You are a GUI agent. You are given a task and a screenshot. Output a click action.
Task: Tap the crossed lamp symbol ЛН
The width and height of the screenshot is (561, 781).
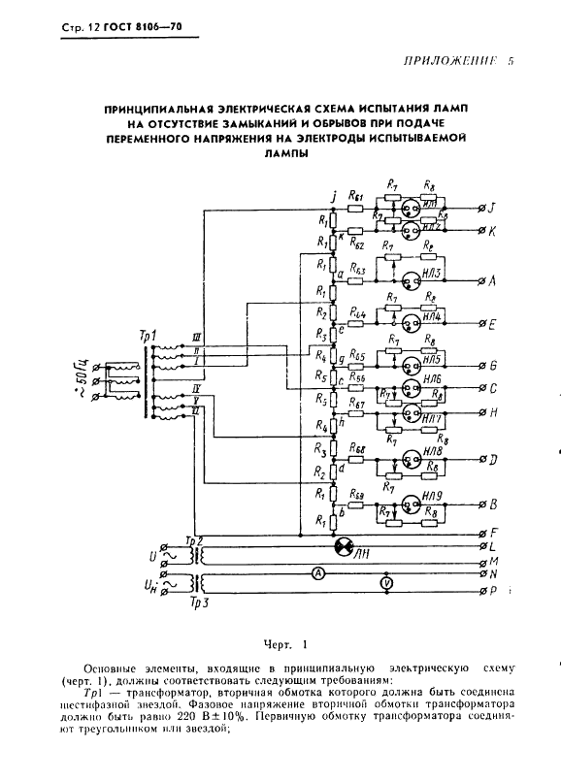(x=341, y=548)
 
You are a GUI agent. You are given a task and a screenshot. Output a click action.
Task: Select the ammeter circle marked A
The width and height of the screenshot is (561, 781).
(x=316, y=573)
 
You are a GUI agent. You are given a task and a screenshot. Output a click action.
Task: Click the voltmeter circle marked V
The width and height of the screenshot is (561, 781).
(x=386, y=584)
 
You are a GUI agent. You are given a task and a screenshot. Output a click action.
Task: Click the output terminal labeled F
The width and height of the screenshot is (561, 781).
(x=482, y=532)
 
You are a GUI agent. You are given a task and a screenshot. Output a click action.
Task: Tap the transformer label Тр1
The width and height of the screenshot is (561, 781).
(x=148, y=337)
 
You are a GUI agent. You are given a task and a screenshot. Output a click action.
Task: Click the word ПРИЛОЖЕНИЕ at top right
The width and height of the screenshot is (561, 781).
(x=443, y=61)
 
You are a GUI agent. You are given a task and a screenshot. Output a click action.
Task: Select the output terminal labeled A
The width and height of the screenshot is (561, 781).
(x=482, y=281)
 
